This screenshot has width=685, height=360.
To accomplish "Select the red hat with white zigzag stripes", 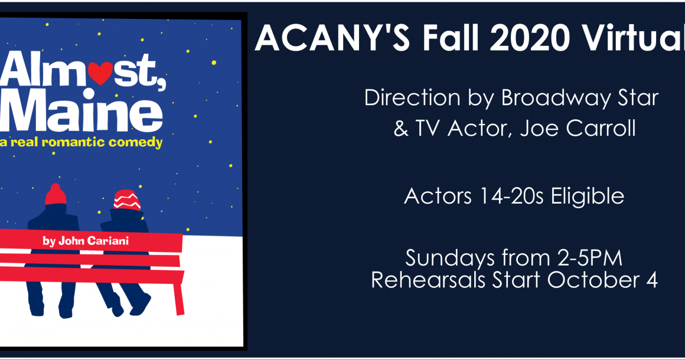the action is (x=127, y=200).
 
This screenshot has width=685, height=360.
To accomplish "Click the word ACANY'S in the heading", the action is (x=332, y=38).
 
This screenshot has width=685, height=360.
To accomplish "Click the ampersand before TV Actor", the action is (x=400, y=129).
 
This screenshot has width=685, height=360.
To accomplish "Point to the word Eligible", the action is (x=587, y=196).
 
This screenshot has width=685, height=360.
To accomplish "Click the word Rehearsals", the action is (x=428, y=280).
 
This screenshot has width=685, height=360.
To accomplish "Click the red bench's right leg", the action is (x=179, y=299).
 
